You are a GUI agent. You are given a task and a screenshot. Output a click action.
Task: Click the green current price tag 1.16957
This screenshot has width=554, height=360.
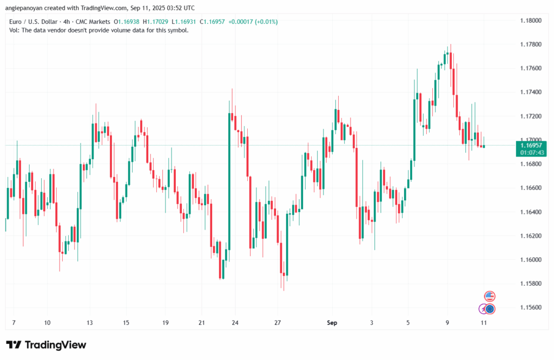click(x=531, y=146)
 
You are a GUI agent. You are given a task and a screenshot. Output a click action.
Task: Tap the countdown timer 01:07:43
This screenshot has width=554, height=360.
click(x=531, y=153)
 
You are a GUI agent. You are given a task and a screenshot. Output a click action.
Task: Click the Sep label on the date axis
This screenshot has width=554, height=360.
click(x=332, y=323)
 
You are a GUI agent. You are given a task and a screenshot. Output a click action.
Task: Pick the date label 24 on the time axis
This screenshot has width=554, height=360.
click(x=235, y=323)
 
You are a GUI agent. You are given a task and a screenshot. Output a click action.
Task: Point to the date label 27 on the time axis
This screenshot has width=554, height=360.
click(x=278, y=323)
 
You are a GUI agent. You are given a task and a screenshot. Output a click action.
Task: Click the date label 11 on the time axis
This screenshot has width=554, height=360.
click(x=484, y=323)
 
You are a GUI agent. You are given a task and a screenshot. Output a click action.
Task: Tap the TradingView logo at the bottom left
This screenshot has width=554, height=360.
click(x=46, y=345)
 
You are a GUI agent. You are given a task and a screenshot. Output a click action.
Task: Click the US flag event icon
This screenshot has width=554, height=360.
click(x=490, y=296)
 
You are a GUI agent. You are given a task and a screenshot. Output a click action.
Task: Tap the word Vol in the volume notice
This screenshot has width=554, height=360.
click(x=15, y=30)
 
